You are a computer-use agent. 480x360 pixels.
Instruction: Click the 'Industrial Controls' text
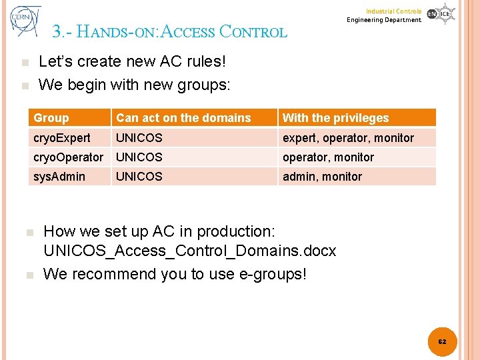click(393, 11)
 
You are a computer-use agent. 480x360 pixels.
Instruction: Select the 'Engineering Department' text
click(384, 20)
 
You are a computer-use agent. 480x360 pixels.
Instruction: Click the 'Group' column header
click(51, 118)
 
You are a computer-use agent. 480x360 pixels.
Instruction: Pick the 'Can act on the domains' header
click(183, 118)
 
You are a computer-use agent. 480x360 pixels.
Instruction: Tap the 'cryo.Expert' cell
click(62, 138)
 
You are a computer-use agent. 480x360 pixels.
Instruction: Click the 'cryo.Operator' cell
click(68, 157)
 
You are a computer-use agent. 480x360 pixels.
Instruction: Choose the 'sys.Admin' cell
click(59, 177)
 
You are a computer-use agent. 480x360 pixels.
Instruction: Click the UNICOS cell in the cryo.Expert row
click(139, 138)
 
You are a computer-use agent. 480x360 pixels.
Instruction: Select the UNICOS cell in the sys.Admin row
click(139, 177)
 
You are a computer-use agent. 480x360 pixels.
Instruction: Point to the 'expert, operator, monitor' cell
click(348, 138)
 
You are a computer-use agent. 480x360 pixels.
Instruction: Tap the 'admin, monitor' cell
click(322, 177)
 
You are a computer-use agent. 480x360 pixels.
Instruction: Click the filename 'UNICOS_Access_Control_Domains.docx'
click(189, 251)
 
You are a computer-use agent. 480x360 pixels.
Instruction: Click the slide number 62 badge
click(441, 341)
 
